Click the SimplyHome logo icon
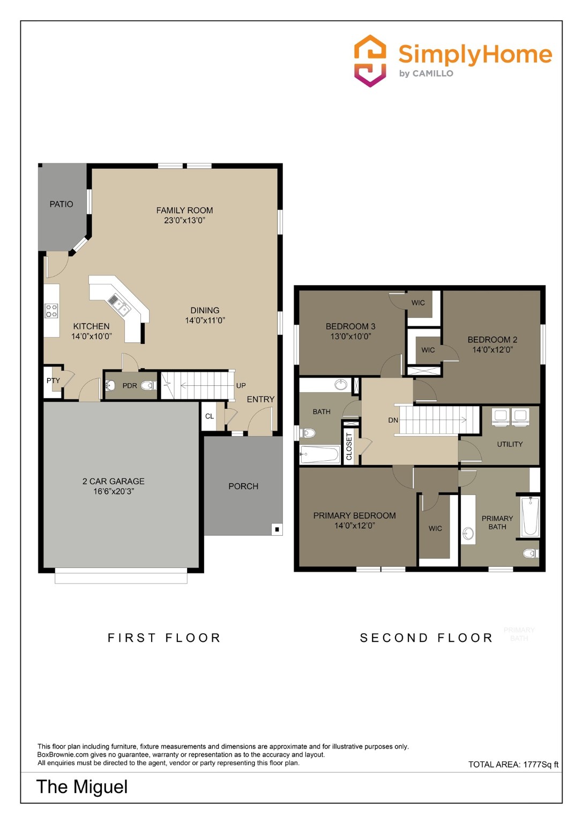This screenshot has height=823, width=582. coord(370,61)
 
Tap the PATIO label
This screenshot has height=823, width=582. coord(61,204)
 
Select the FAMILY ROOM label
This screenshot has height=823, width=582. coord(184,211)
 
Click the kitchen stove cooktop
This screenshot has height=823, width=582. coord(51,311)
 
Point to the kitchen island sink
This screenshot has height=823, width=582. coord(119,304)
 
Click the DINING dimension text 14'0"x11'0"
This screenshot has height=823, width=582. coord(205,320)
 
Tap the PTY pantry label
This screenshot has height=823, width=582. coord(53,381)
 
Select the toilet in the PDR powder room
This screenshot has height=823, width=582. coord(149,385)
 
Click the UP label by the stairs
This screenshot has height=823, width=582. coord(241,386)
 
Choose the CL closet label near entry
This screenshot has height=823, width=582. coord(210,416)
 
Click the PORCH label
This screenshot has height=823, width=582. coord(243,487)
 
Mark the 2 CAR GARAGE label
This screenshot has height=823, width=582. coord(113,482)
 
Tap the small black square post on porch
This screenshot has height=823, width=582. coord(277,529)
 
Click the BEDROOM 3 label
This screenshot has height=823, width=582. coord(350,326)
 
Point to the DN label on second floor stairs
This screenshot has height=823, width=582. coord(393,421)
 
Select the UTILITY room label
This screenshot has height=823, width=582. coord(510,444)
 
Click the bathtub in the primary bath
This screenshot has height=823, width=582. coord(530,516)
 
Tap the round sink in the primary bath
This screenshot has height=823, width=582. coord(468,533)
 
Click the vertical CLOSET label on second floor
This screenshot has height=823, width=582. coord(349,446)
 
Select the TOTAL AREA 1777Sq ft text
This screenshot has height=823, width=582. coord(513,765)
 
